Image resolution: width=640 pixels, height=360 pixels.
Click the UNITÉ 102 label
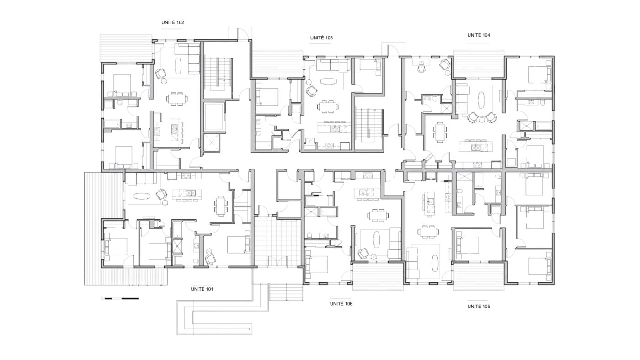[x=173, y=22]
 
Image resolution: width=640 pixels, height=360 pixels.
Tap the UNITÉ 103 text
[x=321, y=37]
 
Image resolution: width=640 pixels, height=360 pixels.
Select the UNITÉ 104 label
[x=479, y=35]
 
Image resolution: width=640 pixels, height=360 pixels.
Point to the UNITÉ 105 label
[x=479, y=307]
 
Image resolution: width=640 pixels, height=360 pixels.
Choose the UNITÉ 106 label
[x=341, y=304]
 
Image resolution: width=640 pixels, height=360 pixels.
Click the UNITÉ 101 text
[x=202, y=289]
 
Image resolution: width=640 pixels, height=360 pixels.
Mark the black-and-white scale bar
[x=120, y=299]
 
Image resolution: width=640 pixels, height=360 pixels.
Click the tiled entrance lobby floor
[x=277, y=242]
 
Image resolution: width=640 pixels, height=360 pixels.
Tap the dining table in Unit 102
[x=177, y=99]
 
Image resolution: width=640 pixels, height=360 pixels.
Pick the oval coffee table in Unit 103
[x=329, y=81]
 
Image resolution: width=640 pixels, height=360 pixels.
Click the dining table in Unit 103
[x=327, y=107]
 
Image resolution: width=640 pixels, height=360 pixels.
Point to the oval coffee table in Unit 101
[x=142, y=196]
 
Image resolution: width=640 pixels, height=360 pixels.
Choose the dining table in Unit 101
[x=221, y=206]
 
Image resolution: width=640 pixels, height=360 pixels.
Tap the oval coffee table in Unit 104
[x=481, y=100]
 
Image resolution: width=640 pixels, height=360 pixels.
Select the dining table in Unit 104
[x=440, y=132]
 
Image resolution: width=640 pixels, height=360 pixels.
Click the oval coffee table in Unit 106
[x=376, y=239]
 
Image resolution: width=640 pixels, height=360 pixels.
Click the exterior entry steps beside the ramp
[x=286, y=292]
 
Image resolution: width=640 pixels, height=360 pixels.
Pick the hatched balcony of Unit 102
[x=126, y=48]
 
